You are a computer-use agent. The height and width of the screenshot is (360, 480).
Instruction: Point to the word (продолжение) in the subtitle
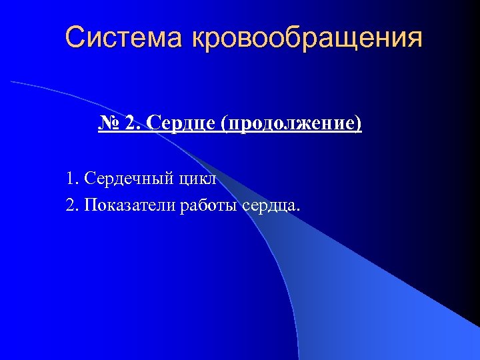[293, 123]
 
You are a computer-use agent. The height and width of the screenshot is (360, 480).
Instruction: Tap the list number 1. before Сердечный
[72, 179]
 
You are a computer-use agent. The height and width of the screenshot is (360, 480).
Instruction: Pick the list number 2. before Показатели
[72, 204]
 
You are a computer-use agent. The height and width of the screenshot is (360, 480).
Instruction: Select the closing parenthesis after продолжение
[359, 123]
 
